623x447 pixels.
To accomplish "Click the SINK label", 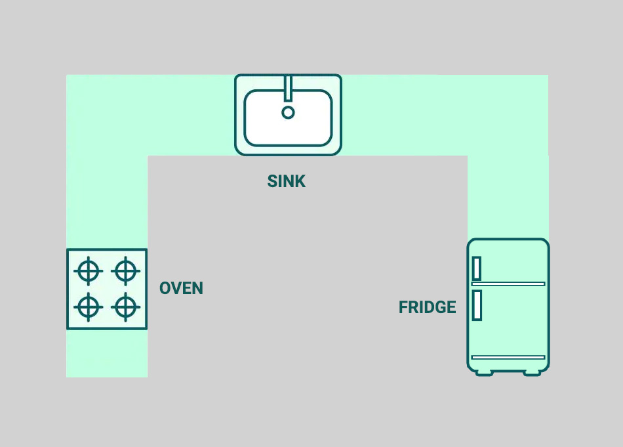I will pos(287,181).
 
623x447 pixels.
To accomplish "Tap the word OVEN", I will pos(181,288).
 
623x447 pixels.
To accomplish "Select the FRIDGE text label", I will pos(427,307).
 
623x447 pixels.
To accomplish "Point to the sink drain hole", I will pos(288,112).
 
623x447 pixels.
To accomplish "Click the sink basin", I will pos(308,125).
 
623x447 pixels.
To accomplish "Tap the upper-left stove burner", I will pos(89,270).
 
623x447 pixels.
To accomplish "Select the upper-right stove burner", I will pos(125,270).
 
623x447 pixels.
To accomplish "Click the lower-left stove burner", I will pos(89,306).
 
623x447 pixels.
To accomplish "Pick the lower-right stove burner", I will pos(125,306).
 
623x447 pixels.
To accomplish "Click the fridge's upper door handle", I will pos(477,268).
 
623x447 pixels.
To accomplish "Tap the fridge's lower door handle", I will pos(477,305).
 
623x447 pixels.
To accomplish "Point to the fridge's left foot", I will pos(484,372).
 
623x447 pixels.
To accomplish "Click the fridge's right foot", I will pos(532,372).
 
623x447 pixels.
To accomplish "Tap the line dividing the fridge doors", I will pos(508,284).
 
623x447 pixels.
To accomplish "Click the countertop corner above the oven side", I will pos(107,115).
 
